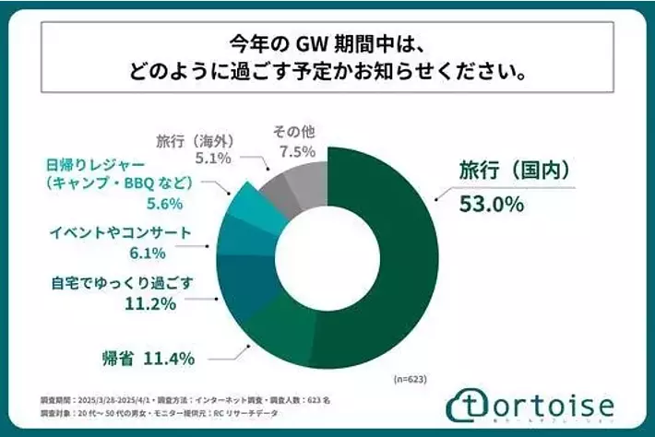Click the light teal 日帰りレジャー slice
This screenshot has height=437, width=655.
[x=254, y=205]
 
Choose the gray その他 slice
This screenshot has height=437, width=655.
[x=304, y=166]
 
